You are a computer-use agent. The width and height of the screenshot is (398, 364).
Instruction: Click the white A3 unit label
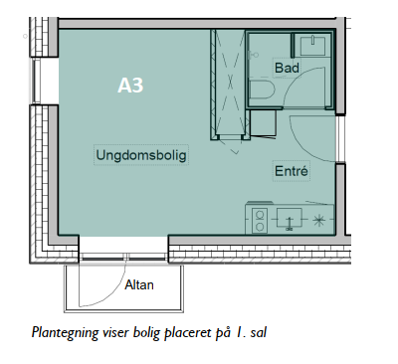point(130,86)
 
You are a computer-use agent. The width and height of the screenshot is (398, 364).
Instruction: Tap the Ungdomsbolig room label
point(141,155)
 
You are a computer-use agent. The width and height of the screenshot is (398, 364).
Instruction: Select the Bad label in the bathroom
point(288,68)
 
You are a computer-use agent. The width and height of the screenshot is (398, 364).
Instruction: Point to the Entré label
point(292,171)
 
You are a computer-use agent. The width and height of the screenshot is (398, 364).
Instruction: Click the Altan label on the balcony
point(139,284)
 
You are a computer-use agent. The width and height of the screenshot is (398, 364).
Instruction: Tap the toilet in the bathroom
point(262,90)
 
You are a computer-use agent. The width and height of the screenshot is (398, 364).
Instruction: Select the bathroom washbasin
point(312,46)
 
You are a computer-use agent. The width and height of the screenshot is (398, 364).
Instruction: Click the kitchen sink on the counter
point(290,219)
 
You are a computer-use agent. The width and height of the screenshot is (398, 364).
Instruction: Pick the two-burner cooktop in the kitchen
point(260,221)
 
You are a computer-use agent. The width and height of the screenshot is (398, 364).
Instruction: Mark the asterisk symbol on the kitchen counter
point(318,220)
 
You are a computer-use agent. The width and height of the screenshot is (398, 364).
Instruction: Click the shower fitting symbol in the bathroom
point(254,55)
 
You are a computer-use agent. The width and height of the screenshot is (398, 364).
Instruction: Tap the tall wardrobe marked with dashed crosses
point(230,85)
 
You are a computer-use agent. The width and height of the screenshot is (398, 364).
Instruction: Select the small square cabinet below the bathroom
point(263,123)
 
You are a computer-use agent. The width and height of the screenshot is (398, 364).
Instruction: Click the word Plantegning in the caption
point(65,332)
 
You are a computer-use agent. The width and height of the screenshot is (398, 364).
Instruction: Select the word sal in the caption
point(259,332)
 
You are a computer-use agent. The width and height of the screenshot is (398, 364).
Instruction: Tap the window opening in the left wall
point(36,81)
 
